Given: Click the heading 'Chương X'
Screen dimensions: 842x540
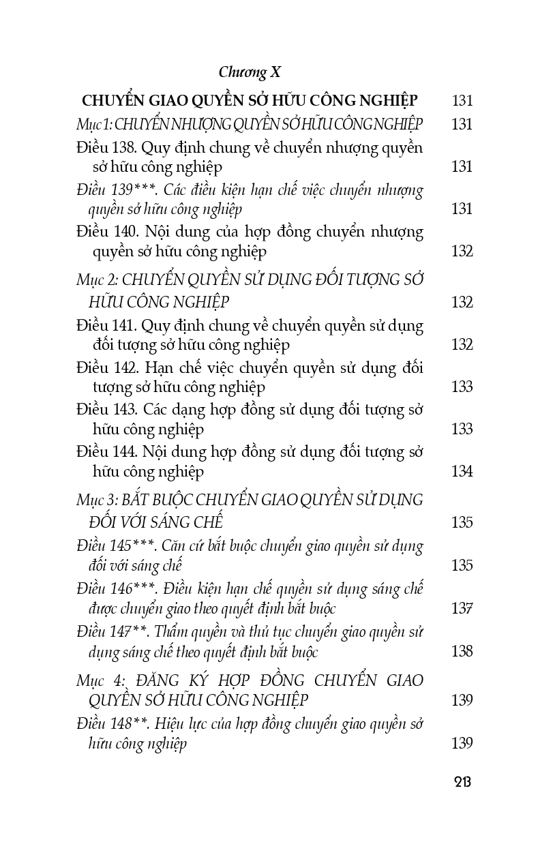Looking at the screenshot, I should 250,72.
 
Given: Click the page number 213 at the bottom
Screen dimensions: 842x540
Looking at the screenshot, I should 462,781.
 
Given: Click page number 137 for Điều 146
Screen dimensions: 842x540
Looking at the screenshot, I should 462,608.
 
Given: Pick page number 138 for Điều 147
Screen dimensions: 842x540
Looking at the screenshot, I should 462,650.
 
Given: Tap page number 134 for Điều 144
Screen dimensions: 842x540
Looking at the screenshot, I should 462,471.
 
